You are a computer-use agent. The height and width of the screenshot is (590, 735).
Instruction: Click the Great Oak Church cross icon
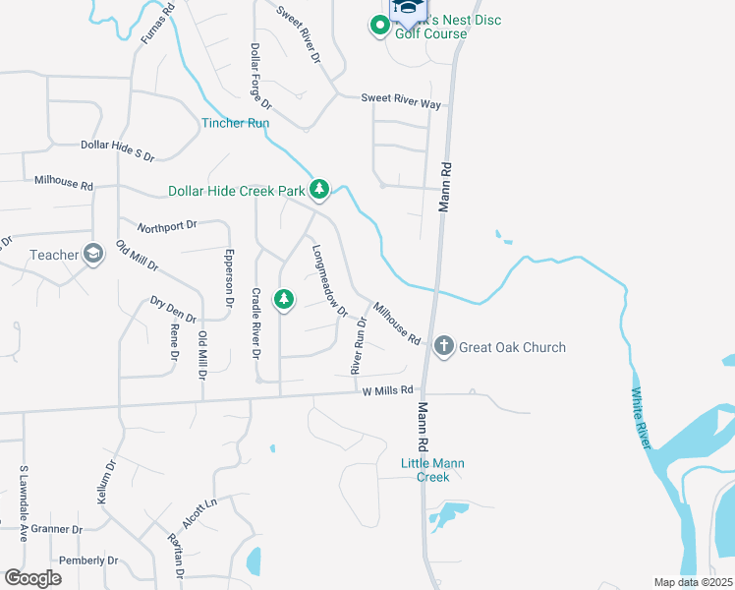click(x=443, y=346)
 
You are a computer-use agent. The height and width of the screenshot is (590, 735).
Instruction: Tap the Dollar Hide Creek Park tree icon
click(x=318, y=190)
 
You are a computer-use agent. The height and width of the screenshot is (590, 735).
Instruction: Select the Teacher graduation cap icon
click(x=93, y=255)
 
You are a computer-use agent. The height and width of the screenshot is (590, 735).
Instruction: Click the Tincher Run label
click(x=235, y=123)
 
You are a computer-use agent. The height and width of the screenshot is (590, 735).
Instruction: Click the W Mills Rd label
click(x=388, y=391)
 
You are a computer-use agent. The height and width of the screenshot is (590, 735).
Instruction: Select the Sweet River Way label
click(x=400, y=98)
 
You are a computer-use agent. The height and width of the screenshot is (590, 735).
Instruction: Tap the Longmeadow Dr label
click(x=329, y=280)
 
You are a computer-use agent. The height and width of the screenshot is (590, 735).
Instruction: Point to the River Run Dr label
click(x=359, y=340)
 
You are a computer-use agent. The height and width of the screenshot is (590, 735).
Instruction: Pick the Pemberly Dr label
click(x=88, y=560)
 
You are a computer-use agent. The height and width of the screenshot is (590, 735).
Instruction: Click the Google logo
click(x=32, y=578)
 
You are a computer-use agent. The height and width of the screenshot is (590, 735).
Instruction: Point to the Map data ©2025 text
click(x=692, y=582)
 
